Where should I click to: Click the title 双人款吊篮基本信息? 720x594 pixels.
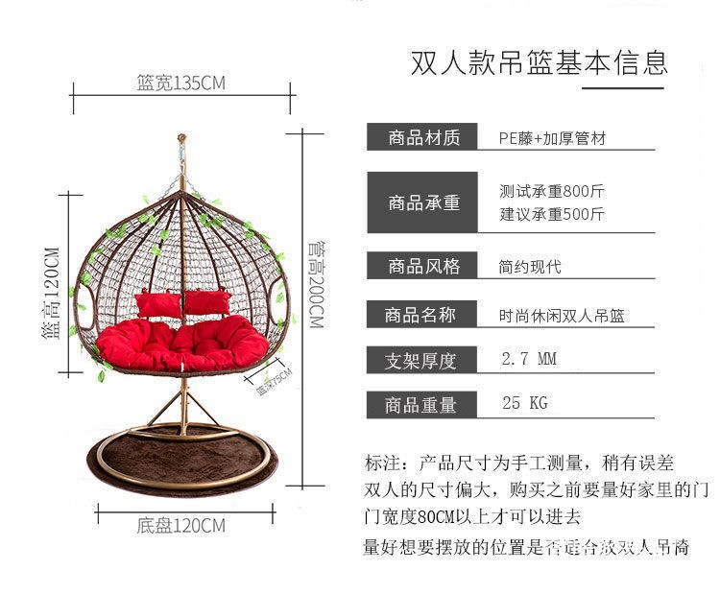[539, 63]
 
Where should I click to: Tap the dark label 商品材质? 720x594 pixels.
[424, 138]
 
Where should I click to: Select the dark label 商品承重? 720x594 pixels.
[424, 202]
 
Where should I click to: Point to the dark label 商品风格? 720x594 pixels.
[424, 267]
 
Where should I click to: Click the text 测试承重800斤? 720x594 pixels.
[552, 191]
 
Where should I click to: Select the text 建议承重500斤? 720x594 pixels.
[552, 214]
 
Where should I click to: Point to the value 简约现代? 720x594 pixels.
[530, 267]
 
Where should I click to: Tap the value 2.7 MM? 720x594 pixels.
[529, 360]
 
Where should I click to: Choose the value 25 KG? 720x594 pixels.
[524, 403]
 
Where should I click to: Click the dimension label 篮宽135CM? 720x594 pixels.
[180, 83]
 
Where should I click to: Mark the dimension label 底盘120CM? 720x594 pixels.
[180, 526]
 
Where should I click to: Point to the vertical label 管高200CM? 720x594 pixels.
[315, 283]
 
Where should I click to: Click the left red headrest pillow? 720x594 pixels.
[158, 304]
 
